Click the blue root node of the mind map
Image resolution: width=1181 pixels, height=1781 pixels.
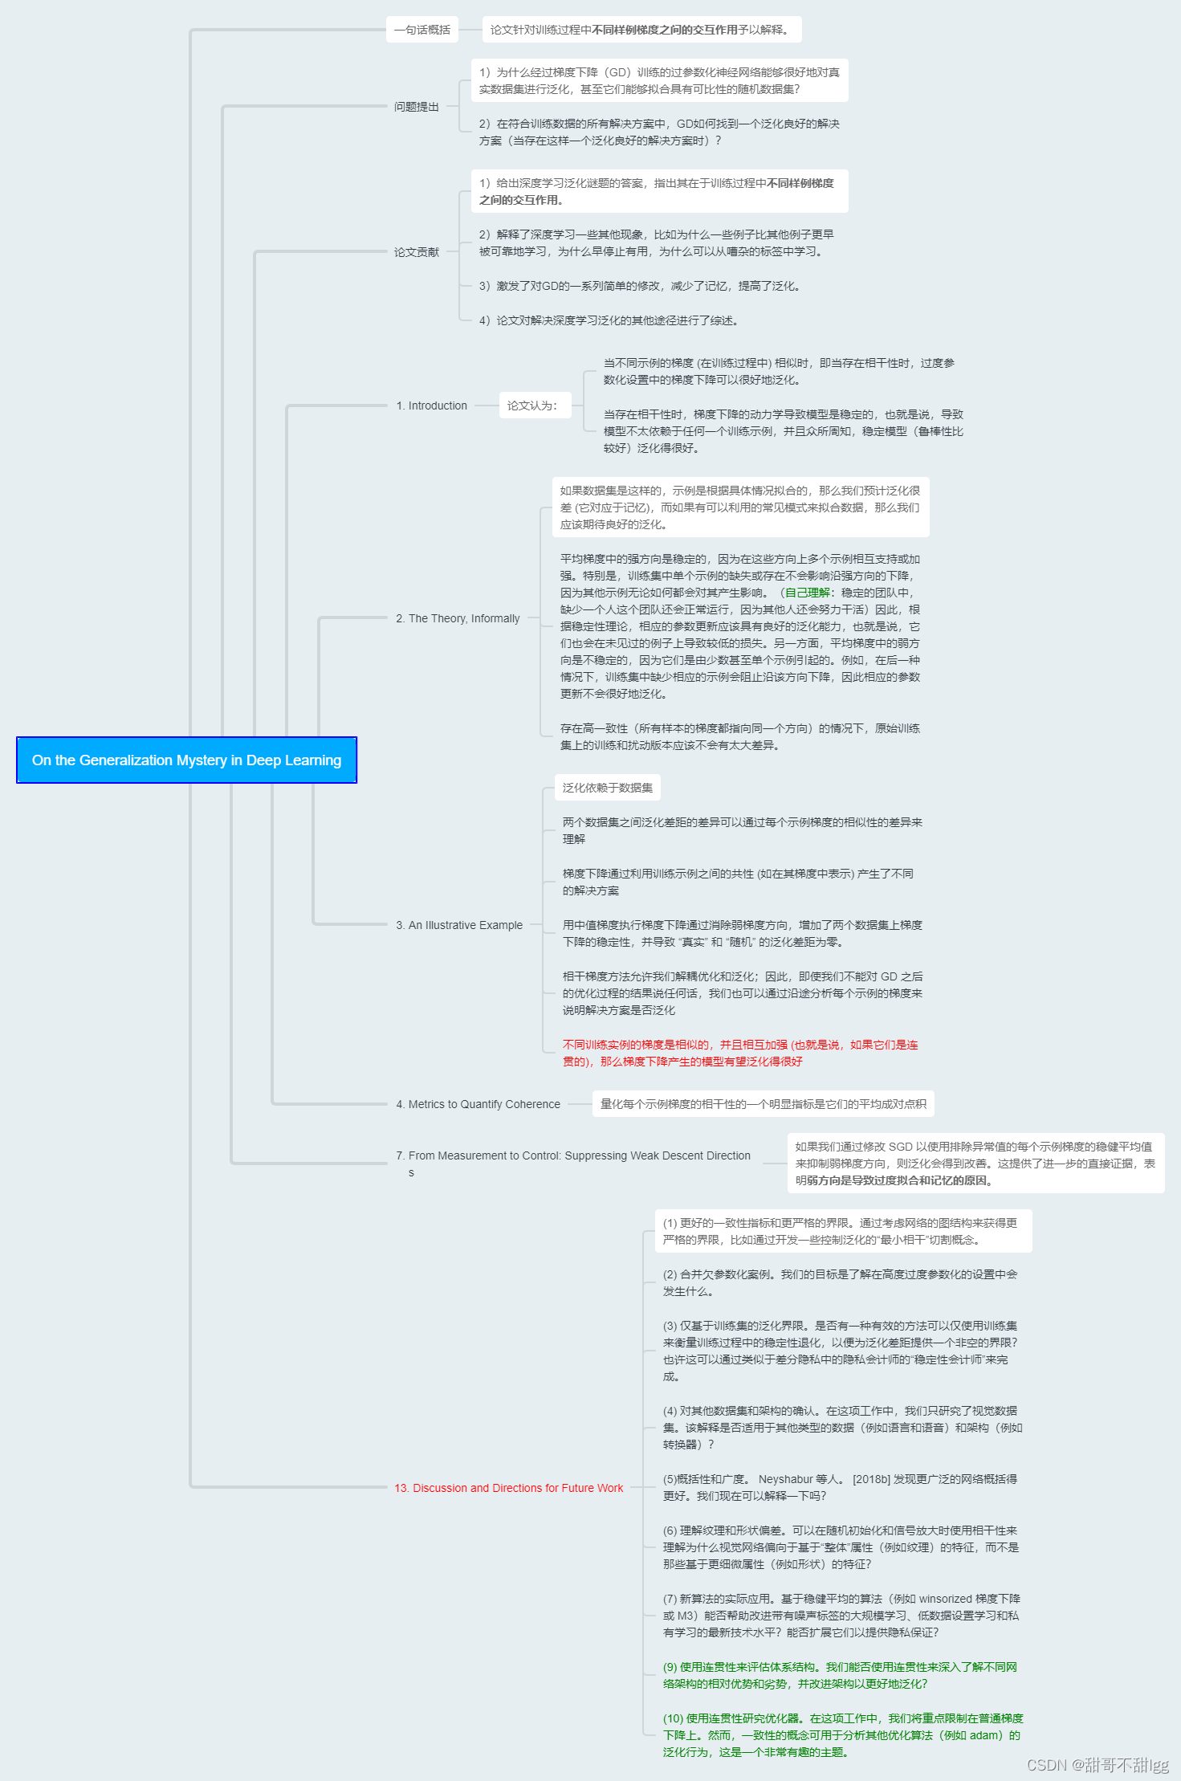186,760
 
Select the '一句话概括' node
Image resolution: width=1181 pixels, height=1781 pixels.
422,30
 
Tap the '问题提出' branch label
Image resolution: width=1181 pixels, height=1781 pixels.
416,107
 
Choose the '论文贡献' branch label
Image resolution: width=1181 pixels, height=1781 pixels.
416,252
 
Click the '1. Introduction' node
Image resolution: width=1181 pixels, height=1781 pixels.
431,406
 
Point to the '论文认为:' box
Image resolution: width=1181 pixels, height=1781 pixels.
532,406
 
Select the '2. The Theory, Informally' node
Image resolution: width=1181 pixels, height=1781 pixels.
458,618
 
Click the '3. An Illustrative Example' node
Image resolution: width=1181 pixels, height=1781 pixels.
458,925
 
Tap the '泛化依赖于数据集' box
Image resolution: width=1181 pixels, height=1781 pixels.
607,788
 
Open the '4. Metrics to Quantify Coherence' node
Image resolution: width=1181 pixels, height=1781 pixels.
478,1104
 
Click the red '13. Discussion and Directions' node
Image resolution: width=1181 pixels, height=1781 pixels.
508,1488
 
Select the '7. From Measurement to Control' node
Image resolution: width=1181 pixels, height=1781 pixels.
572,1156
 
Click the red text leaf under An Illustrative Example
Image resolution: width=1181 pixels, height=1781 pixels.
739,1053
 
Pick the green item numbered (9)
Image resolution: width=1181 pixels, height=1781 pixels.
839,1675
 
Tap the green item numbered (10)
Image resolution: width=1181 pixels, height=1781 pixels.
842,1734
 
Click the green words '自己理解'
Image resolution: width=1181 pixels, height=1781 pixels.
808,593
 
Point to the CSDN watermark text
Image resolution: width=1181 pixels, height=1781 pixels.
1098,1764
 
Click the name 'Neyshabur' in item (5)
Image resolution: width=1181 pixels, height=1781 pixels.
785,1479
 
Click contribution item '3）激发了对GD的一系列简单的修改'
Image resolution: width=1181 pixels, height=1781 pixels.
639,286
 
